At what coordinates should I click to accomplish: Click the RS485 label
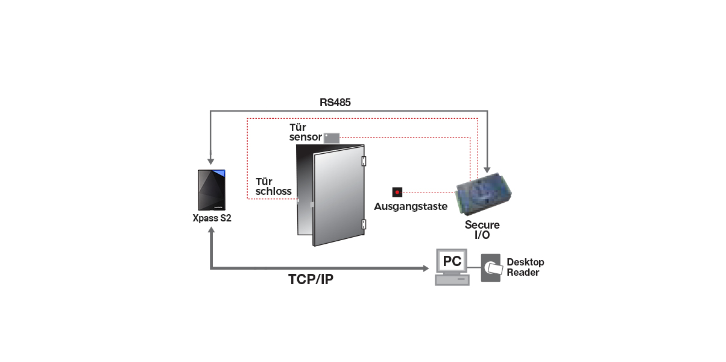point(335,103)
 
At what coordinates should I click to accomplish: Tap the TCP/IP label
point(311,279)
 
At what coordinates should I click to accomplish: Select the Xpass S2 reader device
point(212,190)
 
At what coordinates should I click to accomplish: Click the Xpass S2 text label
point(212,218)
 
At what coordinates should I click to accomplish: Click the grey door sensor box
point(332,138)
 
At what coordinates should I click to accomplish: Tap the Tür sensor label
point(306,132)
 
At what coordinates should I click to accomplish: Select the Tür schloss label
point(274,186)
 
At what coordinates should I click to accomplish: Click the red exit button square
point(397,192)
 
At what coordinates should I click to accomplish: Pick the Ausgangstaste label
point(411,206)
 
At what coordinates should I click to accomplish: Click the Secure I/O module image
point(483,194)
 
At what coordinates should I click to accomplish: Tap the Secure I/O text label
point(482,230)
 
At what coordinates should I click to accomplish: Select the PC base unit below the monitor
point(452,280)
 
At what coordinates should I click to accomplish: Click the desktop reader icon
point(491,268)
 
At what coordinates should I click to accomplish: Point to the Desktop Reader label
point(525,267)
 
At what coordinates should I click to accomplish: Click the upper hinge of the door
point(364,161)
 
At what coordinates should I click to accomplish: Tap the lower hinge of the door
point(364,224)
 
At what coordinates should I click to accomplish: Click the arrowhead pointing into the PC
point(426,268)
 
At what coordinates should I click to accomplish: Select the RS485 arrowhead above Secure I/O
point(487,170)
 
